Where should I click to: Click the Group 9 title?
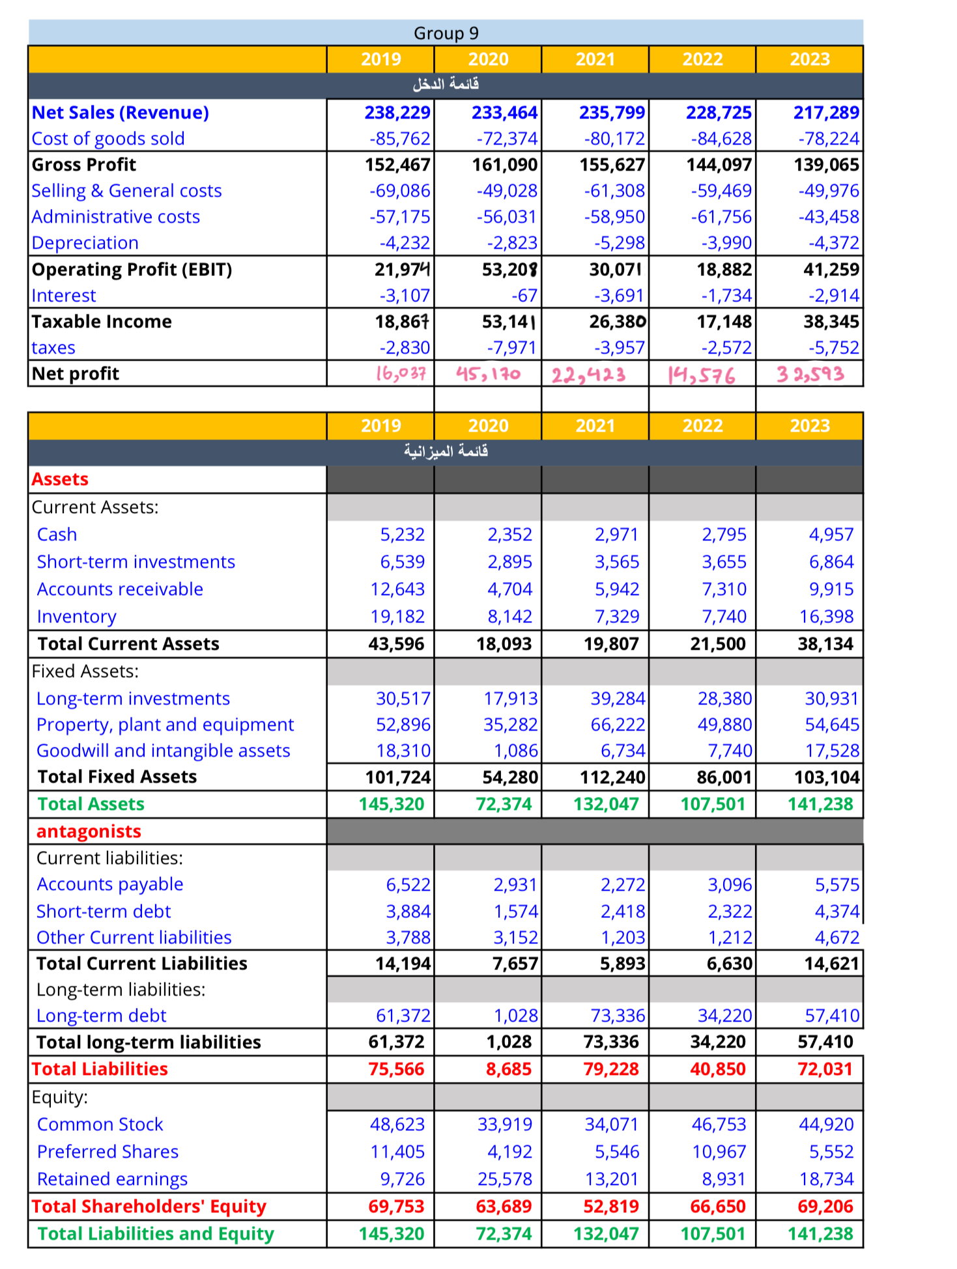click(446, 33)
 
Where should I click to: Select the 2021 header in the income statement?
click(595, 59)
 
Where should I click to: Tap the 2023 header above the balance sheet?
click(810, 426)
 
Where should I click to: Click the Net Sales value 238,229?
click(397, 113)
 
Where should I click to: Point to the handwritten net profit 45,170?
click(488, 374)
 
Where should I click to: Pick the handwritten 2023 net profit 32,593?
click(810, 374)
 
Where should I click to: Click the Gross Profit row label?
click(84, 165)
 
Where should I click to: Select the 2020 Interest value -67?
click(524, 296)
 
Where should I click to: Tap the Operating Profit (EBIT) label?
click(132, 270)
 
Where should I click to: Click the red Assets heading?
click(60, 479)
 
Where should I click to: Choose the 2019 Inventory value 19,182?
click(397, 617)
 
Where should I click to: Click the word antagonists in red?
click(89, 831)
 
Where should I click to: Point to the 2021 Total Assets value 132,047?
click(606, 804)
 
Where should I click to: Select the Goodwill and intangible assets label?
click(163, 751)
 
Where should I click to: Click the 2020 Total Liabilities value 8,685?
click(508, 1069)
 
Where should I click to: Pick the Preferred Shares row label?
click(107, 1152)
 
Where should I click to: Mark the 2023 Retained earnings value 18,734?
click(826, 1179)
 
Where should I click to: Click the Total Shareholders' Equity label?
click(149, 1206)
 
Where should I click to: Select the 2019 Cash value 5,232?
click(402, 535)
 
